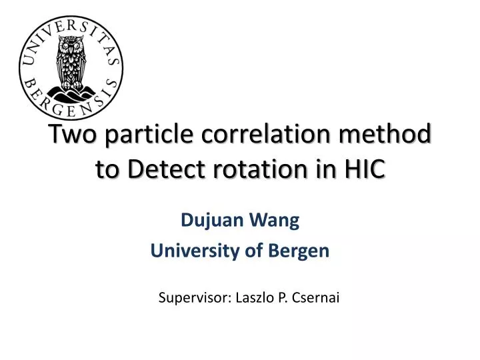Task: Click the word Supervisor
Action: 194,298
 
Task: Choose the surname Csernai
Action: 317,298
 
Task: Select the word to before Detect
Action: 107,170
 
